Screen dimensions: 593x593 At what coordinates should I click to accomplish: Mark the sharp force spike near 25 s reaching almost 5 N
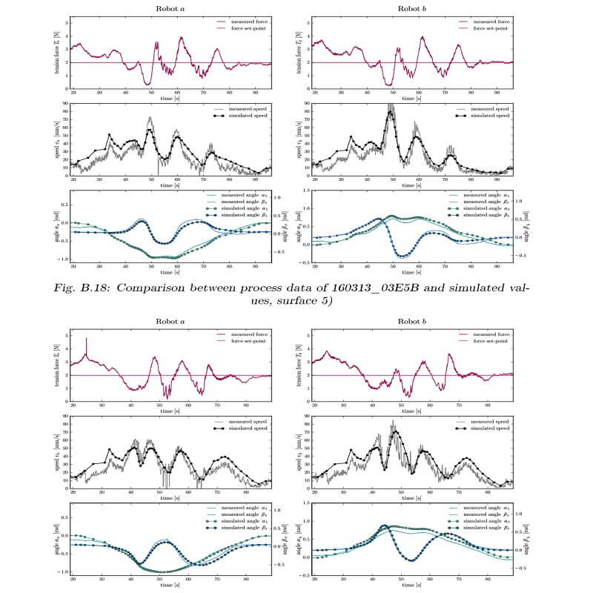pyautogui.click(x=87, y=339)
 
